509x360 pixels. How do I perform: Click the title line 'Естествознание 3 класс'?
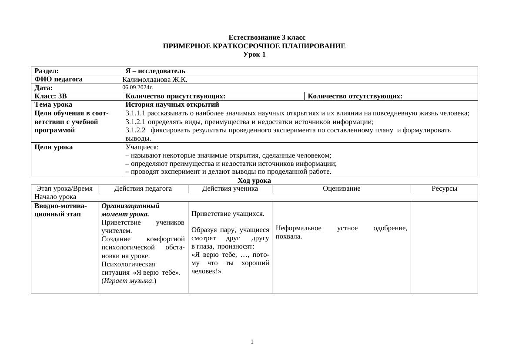pyautogui.click(x=267, y=37)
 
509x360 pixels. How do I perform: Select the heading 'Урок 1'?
pyautogui.click(x=254, y=54)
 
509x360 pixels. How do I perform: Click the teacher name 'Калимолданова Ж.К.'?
pyautogui.click(x=155, y=80)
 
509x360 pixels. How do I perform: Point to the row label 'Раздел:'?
pyautogui.click(x=47, y=71)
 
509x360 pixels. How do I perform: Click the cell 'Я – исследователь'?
pyautogui.click(x=155, y=71)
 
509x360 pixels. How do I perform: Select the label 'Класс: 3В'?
pyautogui.click(x=50, y=96)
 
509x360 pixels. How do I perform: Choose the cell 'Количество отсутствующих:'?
pyautogui.click(x=355, y=96)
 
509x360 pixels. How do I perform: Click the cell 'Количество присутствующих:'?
pyautogui.click(x=175, y=96)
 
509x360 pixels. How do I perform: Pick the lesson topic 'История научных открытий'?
pyautogui.click(x=172, y=104)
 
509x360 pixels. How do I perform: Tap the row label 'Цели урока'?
pyautogui.click(x=54, y=147)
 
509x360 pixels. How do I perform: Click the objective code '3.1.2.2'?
pyautogui.click(x=135, y=130)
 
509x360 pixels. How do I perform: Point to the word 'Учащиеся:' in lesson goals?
pyautogui.click(x=142, y=147)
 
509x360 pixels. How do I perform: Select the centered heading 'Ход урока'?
pyautogui.click(x=254, y=181)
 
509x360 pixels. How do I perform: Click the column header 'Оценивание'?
pyautogui.click(x=342, y=188)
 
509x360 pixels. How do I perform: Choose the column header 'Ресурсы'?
pyautogui.click(x=444, y=188)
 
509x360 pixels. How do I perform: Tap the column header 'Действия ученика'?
pyautogui.click(x=230, y=188)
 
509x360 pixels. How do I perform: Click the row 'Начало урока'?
pyautogui.click(x=55, y=197)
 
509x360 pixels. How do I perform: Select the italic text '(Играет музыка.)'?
pyautogui.click(x=129, y=281)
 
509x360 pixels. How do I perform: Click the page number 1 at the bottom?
pyautogui.click(x=252, y=342)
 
